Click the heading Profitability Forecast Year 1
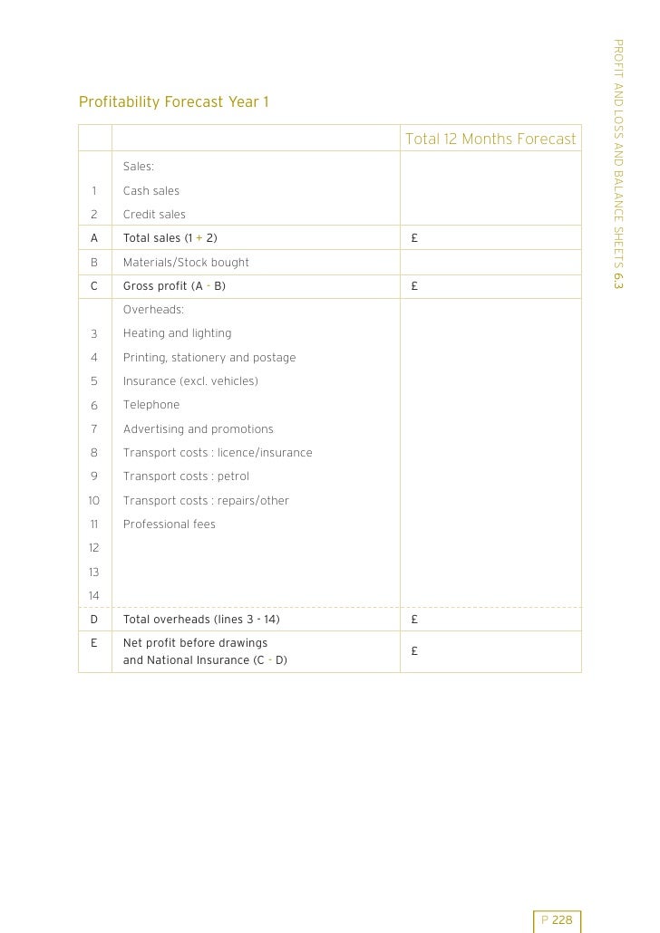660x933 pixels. pyautogui.click(x=174, y=101)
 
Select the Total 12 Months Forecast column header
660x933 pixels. pyautogui.click(x=490, y=139)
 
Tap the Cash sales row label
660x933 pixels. pyautogui.click(x=151, y=191)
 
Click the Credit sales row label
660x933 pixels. pyautogui.click(x=154, y=215)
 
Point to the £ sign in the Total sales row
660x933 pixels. pyautogui.click(x=413, y=238)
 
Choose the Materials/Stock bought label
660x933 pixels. pyautogui.click(x=186, y=263)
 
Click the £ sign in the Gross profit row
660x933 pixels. pyautogui.click(x=413, y=286)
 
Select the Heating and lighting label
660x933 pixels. pyautogui.click(x=177, y=333)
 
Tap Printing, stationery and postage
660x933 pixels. pyautogui.click(x=209, y=358)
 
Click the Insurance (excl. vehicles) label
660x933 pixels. pyautogui.click(x=190, y=381)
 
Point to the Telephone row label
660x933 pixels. pyautogui.click(x=151, y=405)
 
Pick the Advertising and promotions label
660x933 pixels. pyautogui.click(x=198, y=429)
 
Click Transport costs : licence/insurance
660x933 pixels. pyautogui.click(x=218, y=453)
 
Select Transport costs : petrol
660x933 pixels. pyautogui.click(x=186, y=476)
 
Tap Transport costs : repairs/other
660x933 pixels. pyautogui.click(x=206, y=501)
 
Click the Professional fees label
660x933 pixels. pyautogui.click(x=170, y=524)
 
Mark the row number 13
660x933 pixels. pyautogui.click(x=94, y=572)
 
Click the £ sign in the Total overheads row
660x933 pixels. pyautogui.click(x=413, y=620)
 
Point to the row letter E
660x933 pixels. pyautogui.click(x=94, y=643)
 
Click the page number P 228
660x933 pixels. pyautogui.click(x=557, y=920)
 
